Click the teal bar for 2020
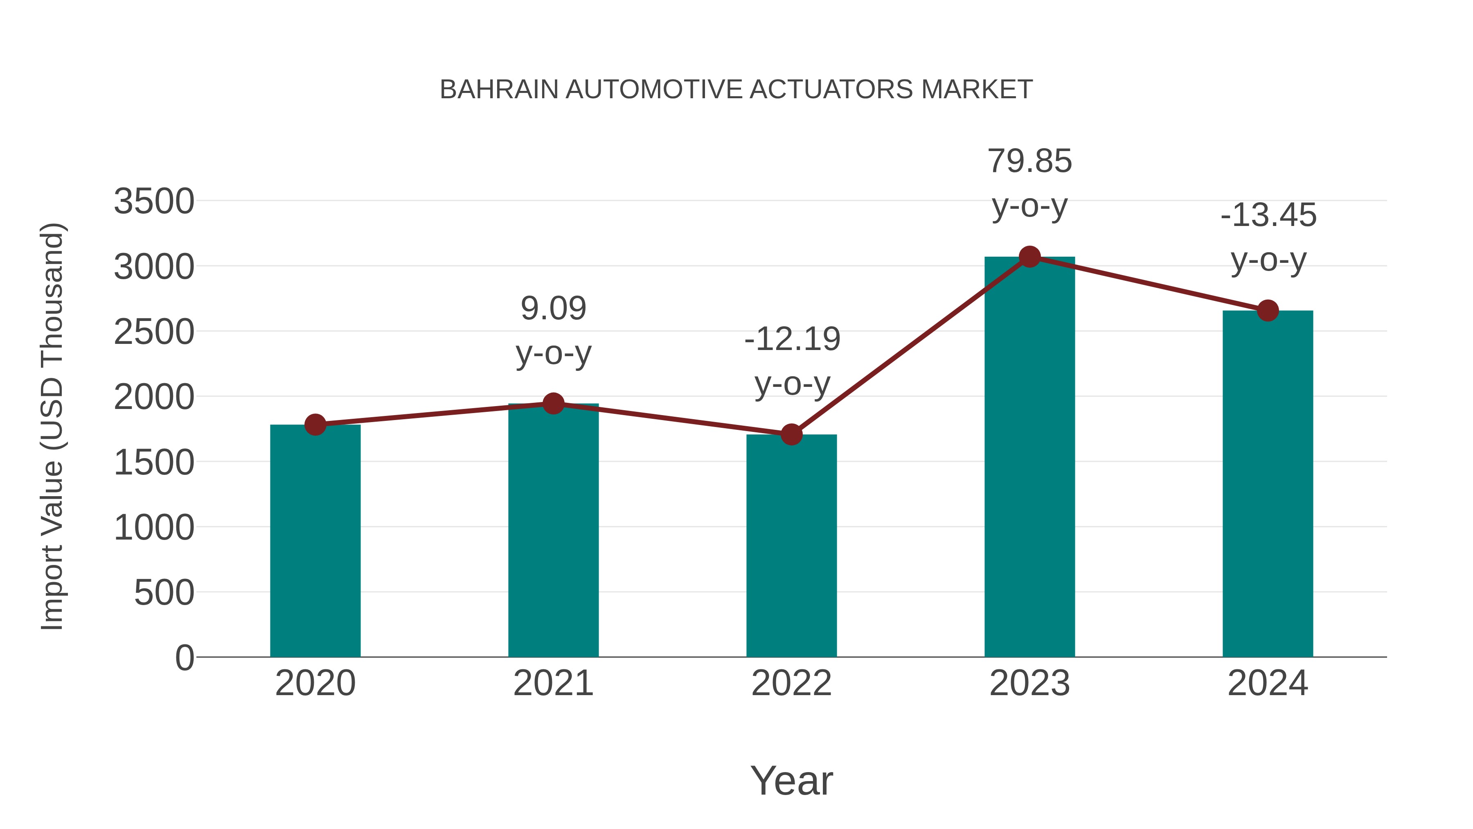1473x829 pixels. (315, 541)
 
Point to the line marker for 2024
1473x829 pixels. (1268, 311)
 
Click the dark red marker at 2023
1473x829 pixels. (1029, 257)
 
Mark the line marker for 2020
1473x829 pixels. (315, 425)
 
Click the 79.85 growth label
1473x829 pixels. (1029, 161)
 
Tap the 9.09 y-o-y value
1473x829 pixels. (553, 309)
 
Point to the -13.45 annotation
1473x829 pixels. (1268, 216)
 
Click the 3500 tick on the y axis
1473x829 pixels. (154, 201)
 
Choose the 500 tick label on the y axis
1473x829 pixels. (164, 593)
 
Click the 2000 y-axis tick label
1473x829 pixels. (154, 397)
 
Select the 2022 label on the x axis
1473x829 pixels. (791, 683)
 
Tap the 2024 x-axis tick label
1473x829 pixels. (1268, 683)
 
